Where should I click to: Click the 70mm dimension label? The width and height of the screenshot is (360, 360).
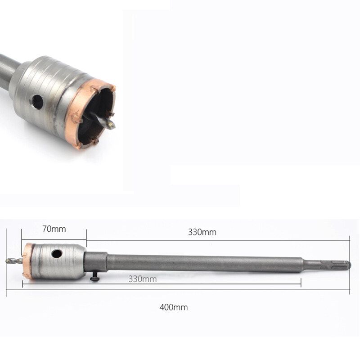click(54, 229)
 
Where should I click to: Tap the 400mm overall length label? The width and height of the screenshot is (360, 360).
click(174, 307)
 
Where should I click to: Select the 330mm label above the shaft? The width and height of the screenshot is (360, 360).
click(202, 232)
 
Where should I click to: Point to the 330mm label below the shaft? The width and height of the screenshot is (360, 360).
click(143, 279)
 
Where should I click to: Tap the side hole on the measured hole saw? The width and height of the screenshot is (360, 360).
click(57, 254)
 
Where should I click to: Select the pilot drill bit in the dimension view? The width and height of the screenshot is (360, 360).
click(14, 261)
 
